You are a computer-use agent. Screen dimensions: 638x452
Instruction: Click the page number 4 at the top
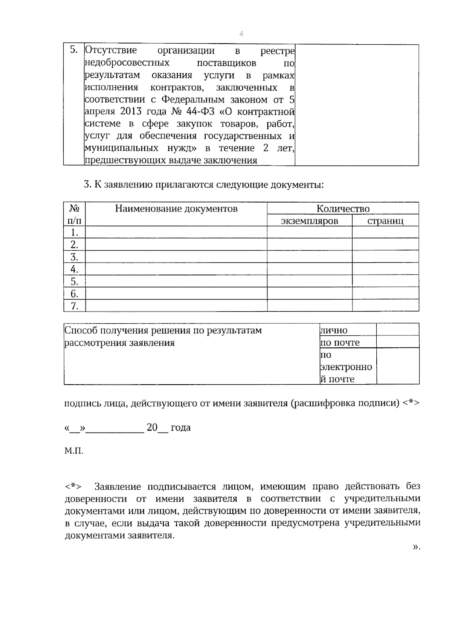pos(241,34)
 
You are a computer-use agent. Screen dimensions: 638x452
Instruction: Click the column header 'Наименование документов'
pos(176,209)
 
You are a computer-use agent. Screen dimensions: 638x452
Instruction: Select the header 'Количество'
pos(343,209)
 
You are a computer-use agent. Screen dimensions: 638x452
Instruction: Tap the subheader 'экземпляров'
pos(310,221)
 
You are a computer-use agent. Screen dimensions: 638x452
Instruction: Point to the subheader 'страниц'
pos(385,221)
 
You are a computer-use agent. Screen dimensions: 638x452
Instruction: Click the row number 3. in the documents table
pos(75,257)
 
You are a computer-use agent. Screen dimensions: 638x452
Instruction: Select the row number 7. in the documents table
pos(75,306)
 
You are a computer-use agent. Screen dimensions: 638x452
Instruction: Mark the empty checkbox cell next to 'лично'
pos(398,330)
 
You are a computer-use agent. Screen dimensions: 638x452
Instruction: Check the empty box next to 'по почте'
pos(398,342)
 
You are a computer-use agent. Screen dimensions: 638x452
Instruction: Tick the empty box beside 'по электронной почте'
pos(398,366)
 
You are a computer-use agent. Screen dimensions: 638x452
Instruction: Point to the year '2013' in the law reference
pos(131,112)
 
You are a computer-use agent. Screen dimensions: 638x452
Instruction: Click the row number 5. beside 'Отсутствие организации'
pos(74,50)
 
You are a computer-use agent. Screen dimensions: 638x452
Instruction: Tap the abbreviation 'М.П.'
pos(74,451)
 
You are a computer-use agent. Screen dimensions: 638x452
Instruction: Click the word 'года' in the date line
pos(180,428)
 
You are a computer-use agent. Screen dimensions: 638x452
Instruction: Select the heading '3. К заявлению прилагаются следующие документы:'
pos(204,185)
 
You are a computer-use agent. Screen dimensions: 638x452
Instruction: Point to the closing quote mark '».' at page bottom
pos(416,547)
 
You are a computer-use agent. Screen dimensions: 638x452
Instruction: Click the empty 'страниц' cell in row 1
pos(385,232)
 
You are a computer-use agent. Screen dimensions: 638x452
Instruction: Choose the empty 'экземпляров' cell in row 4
pos(310,269)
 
